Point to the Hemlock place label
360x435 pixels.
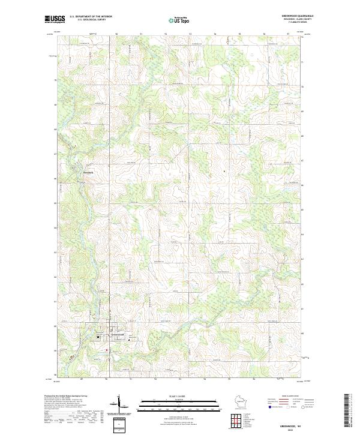click(x=88, y=173)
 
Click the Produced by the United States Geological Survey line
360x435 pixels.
click(x=65, y=397)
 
